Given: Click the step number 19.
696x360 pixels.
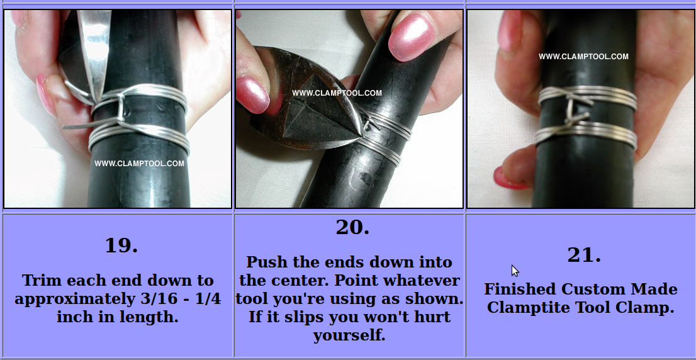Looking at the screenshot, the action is click(121, 245).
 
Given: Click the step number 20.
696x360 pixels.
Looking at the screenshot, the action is click(352, 227).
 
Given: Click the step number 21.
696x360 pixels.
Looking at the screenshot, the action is click(584, 255).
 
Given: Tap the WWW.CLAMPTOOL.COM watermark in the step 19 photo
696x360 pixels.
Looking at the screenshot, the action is click(139, 164).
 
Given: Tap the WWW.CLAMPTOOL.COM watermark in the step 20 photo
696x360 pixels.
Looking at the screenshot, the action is click(337, 93).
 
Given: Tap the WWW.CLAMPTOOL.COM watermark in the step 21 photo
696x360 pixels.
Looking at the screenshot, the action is click(584, 57).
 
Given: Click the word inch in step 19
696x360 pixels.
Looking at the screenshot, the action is click(72, 317).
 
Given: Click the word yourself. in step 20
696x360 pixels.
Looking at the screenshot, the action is click(349, 335).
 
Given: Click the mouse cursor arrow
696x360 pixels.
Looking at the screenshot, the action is click(515, 271).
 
